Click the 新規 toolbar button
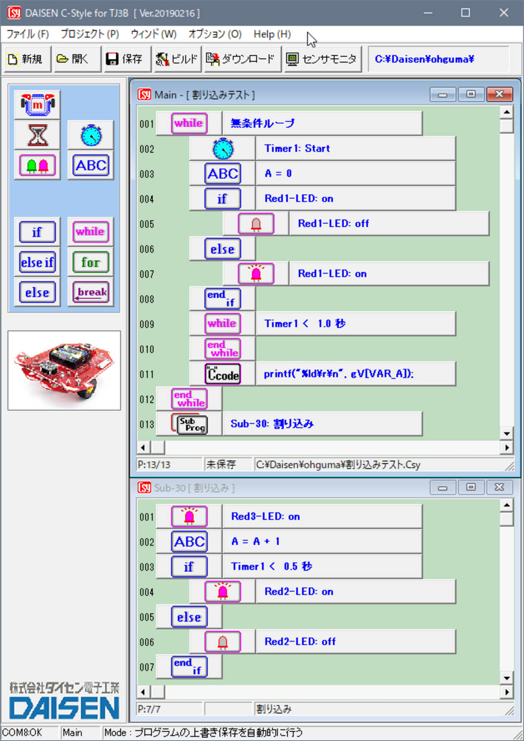pyautogui.click(x=26, y=59)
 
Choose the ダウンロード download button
pyautogui.click(x=242, y=59)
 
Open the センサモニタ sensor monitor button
pyautogui.click(x=322, y=59)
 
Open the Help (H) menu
pyautogui.click(x=272, y=34)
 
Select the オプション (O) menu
pyautogui.click(x=215, y=34)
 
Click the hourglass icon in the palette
pyautogui.click(x=37, y=135)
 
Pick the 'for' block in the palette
pyautogui.click(x=91, y=262)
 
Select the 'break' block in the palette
pyautogui.click(x=91, y=292)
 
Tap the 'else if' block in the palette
pyautogui.click(x=37, y=262)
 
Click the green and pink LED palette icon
pyautogui.click(x=37, y=165)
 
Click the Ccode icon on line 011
pyautogui.click(x=222, y=374)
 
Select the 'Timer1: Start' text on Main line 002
pyautogui.click(x=297, y=148)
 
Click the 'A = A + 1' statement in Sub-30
pyautogui.click(x=256, y=541)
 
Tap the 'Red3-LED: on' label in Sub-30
pyautogui.click(x=265, y=516)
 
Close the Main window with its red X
pyautogui.click(x=499, y=94)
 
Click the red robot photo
pyautogui.click(x=64, y=370)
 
